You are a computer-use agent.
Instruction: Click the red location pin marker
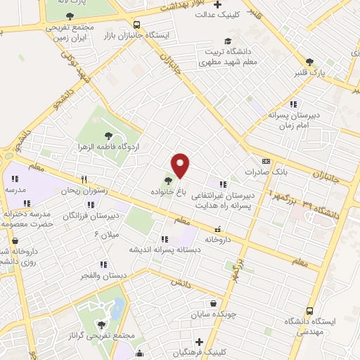point(181,165)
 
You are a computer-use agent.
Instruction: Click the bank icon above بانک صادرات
point(265,161)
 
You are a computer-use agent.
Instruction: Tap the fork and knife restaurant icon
point(84,179)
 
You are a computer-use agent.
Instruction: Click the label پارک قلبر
point(309,72)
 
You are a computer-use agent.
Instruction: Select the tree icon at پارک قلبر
point(309,62)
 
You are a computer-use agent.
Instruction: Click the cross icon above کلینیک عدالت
point(218,4)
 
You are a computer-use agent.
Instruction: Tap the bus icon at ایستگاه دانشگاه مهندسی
point(309,311)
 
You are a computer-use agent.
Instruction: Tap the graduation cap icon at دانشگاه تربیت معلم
point(226,41)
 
